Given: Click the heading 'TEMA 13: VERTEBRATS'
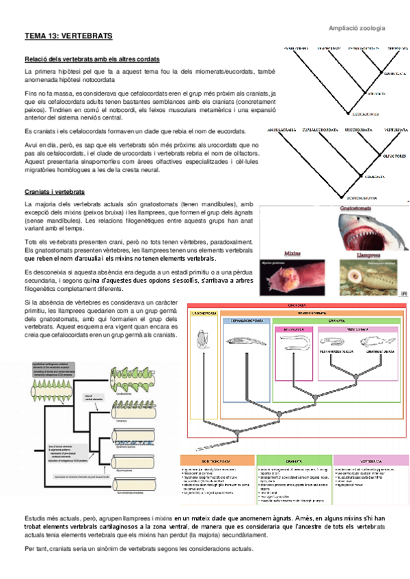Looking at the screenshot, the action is [68, 35].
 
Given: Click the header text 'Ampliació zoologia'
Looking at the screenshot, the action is [357, 28].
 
